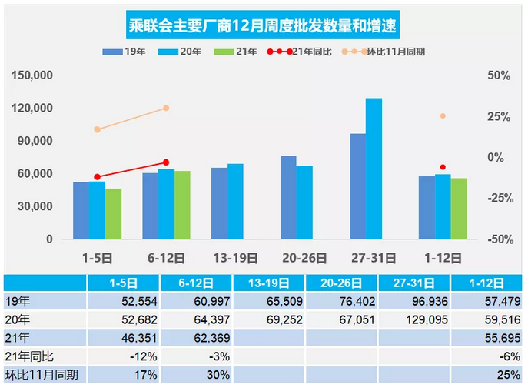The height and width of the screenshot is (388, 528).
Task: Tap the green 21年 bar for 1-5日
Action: [x=114, y=214]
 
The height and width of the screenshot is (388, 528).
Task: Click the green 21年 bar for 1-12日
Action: [x=459, y=209]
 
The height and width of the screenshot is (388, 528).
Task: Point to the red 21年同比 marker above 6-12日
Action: [x=166, y=162]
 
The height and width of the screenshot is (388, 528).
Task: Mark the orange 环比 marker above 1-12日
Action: [x=443, y=116]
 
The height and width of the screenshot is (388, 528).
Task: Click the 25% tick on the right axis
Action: [x=500, y=116]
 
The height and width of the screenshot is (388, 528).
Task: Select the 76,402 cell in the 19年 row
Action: [x=345, y=301]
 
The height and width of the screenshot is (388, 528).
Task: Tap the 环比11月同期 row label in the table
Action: [x=44, y=375]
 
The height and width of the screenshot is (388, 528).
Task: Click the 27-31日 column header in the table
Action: [x=417, y=283]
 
